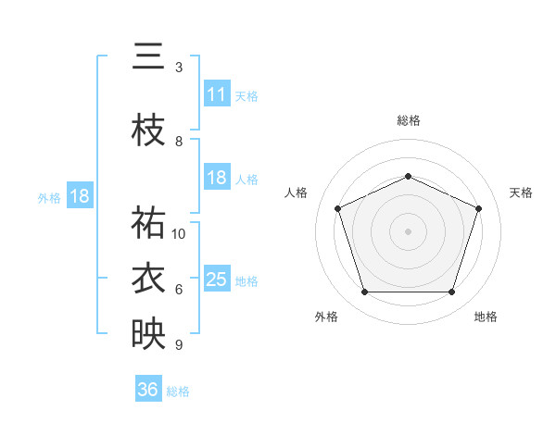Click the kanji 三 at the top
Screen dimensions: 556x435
coord(148,56)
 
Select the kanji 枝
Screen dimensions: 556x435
coord(148,130)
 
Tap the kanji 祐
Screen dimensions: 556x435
coord(148,222)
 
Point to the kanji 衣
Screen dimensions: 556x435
coord(148,278)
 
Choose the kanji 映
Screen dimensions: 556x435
coord(148,333)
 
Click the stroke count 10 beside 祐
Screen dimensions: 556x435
coord(178,234)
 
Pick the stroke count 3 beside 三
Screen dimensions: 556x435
coord(179,68)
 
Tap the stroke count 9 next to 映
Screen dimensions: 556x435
coord(179,344)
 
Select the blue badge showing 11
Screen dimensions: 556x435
coord(217,93)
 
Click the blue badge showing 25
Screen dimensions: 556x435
coord(217,278)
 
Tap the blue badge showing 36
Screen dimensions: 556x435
coord(148,388)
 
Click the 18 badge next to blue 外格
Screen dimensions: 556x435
coord(80,195)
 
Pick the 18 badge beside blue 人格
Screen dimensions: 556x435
coord(217,177)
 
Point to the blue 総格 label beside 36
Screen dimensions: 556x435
coord(178,391)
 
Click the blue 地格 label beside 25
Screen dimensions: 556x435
coord(246,281)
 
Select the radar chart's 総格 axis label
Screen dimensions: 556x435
coord(408,120)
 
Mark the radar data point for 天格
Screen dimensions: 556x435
coord(478,208)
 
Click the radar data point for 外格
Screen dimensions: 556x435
coord(364,292)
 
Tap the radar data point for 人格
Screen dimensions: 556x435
coord(337,208)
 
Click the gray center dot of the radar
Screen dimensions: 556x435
coord(408,231)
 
